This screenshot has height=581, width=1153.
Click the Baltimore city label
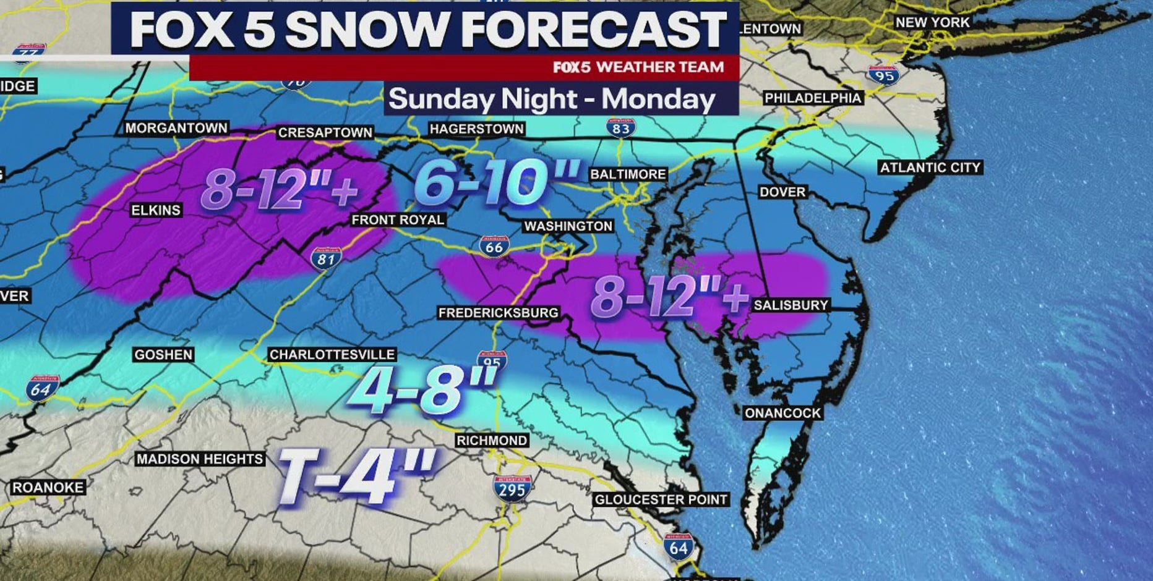tap(628, 174)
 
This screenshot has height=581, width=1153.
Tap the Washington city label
tap(568, 226)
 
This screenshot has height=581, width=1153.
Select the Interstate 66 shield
tap(494, 247)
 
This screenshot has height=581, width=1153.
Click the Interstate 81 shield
tap(326, 258)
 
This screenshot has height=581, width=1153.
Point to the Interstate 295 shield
tap(512, 489)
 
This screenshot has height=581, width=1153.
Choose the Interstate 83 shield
tap(620, 128)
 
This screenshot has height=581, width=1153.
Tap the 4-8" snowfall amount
tap(422, 389)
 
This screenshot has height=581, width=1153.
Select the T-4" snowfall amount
tap(356, 475)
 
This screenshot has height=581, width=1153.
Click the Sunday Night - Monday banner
tap(552, 99)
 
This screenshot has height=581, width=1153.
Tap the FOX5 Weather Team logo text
tap(638, 67)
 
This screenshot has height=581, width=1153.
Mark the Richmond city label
tap(492, 441)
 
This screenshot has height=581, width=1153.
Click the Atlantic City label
tap(930, 168)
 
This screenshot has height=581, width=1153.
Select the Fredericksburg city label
tap(498, 313)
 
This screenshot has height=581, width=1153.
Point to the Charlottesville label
tap(332, 354)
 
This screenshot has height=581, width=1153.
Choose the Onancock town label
tap(782, 413)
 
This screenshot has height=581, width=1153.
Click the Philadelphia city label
tap(812, 98)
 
